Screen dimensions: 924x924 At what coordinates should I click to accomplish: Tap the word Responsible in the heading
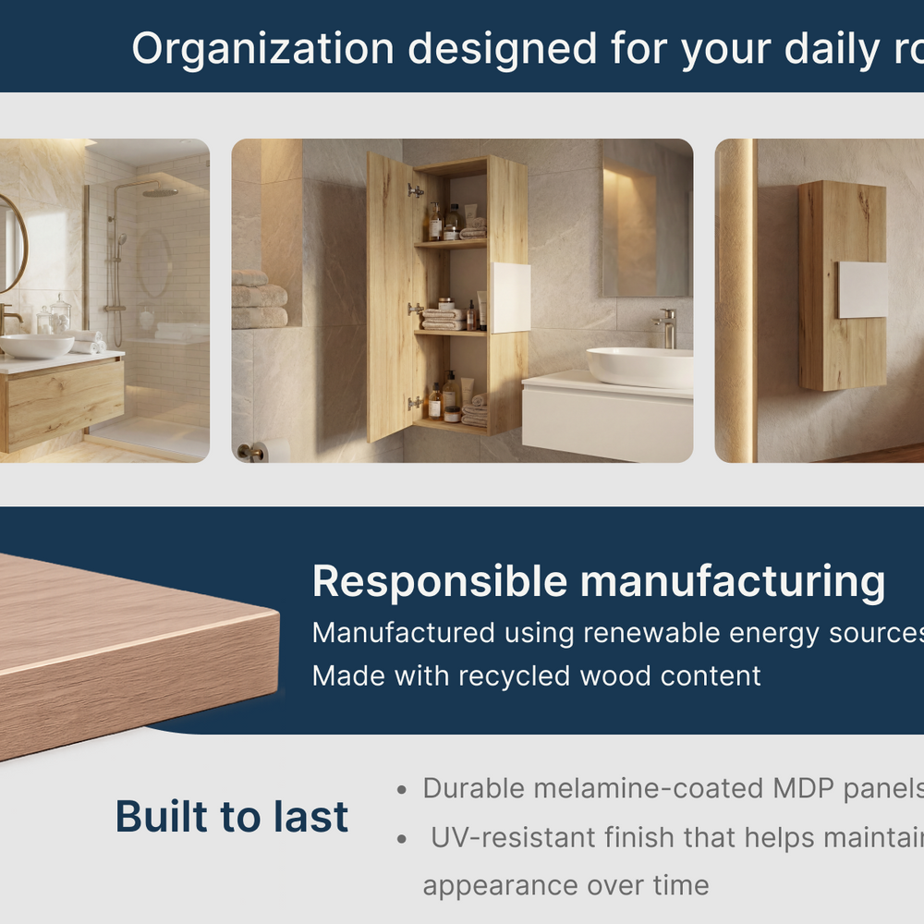tap(440, 582)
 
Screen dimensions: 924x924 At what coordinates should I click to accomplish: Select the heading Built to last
tap(232, 817)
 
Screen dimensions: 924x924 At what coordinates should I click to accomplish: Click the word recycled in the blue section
tap(515, 676)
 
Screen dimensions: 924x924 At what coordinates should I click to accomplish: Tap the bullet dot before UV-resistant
tap(402, 839)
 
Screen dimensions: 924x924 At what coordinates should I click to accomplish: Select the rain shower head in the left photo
tap(160, 192)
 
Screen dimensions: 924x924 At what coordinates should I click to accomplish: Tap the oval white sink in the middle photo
tap(639, 367)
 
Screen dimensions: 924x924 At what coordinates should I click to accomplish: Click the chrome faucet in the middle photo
tap(667, 328)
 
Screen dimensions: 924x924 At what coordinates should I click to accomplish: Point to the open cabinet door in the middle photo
tap(390, 298)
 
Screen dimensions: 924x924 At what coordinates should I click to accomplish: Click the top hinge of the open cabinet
tap(416, 191)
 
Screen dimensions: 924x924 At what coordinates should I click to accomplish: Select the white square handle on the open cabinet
tap(511, 298)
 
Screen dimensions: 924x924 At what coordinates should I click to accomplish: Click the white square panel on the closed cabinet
tap(863, 290)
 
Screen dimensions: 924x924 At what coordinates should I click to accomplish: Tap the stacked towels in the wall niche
tap(260, 299)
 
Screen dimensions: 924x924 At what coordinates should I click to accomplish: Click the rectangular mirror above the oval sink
tap(647, 218)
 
